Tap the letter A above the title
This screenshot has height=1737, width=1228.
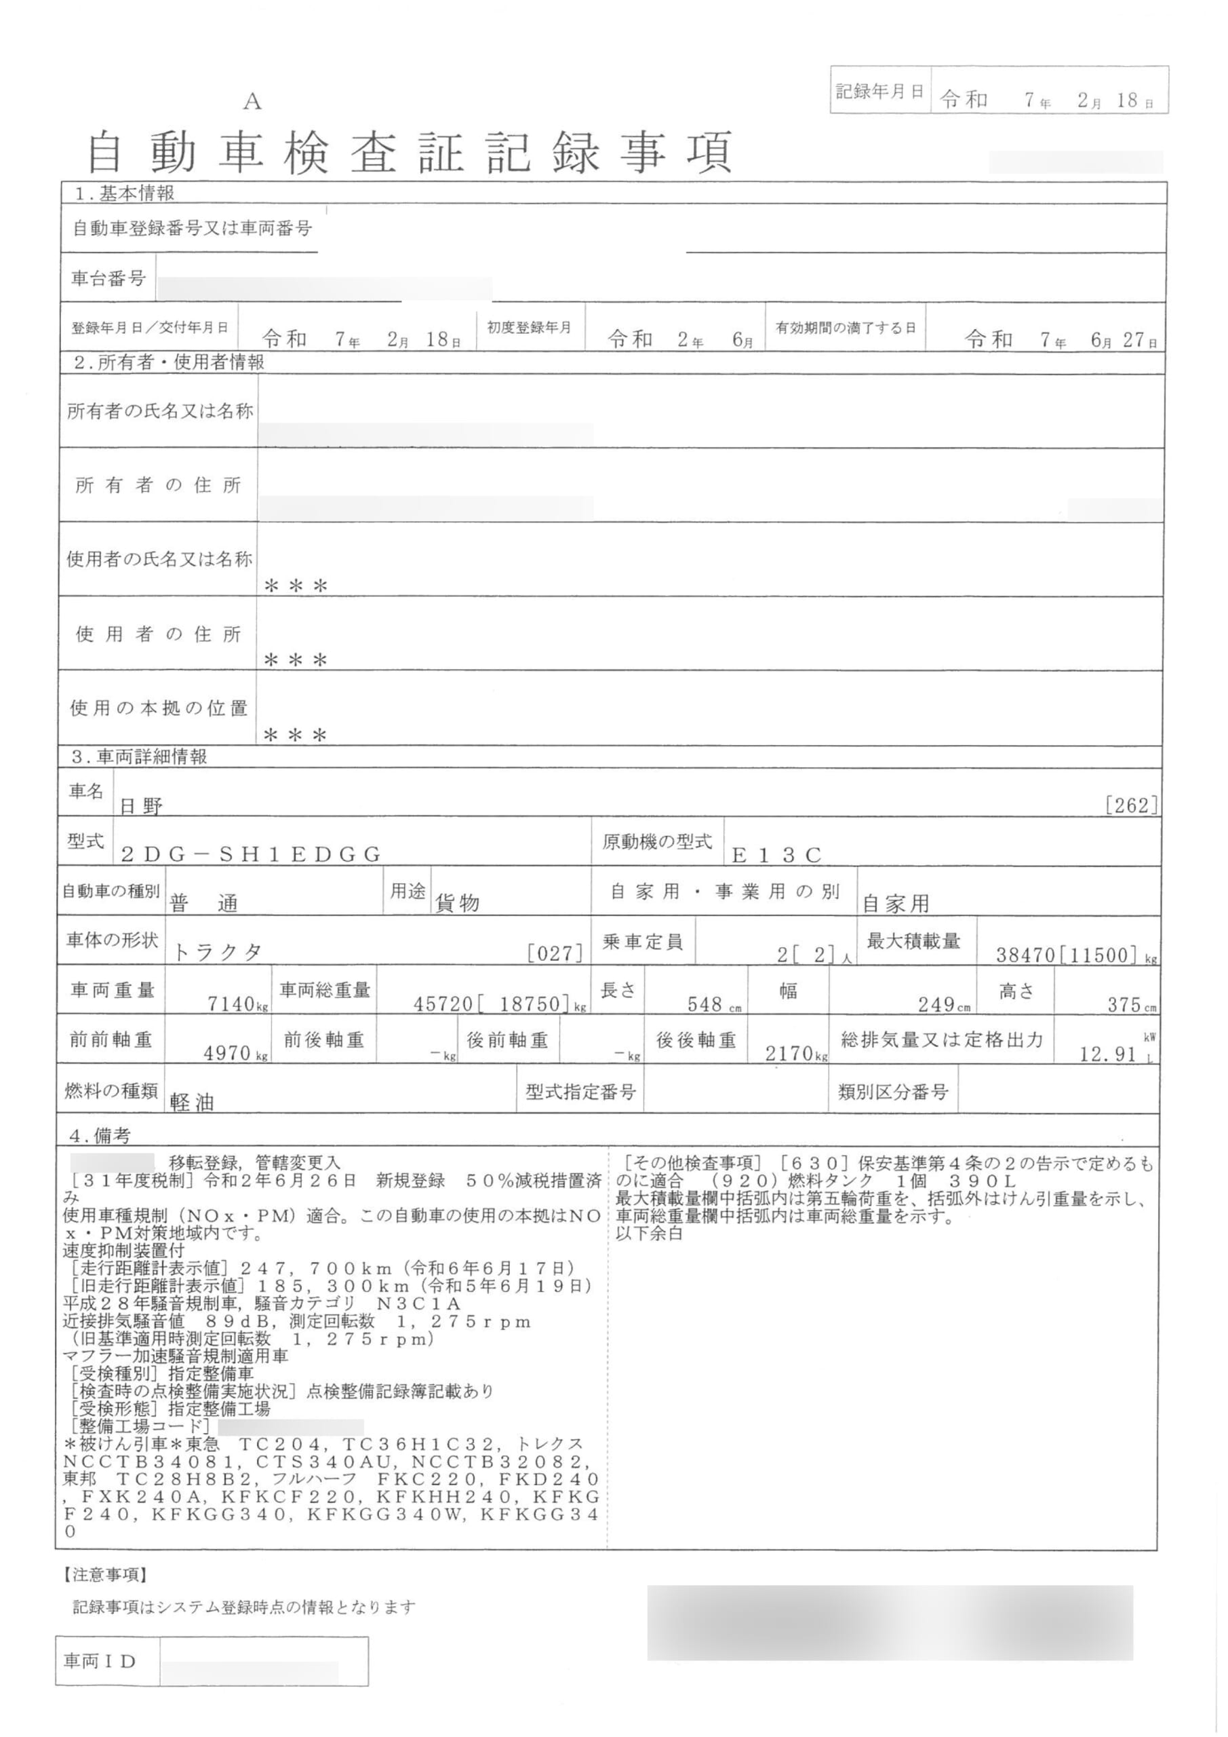click(x=252, y=102)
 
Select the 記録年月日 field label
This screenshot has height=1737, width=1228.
click(x=879, y=92)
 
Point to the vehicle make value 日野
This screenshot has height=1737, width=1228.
click(x=142, y=807)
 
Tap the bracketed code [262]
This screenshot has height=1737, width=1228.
click(x=1131, y=805)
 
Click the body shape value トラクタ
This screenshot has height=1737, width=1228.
click(x=218, y=953)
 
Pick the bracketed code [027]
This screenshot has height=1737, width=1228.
click(x=556, y=953)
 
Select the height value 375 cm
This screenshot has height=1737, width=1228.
click(x=1130, y=1004)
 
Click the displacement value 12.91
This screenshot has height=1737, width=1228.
click(x=1108, y=1054)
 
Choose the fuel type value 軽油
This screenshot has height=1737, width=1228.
click(x=192, y=1103)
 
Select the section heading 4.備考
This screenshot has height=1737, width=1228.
click(x=100, y=1136)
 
